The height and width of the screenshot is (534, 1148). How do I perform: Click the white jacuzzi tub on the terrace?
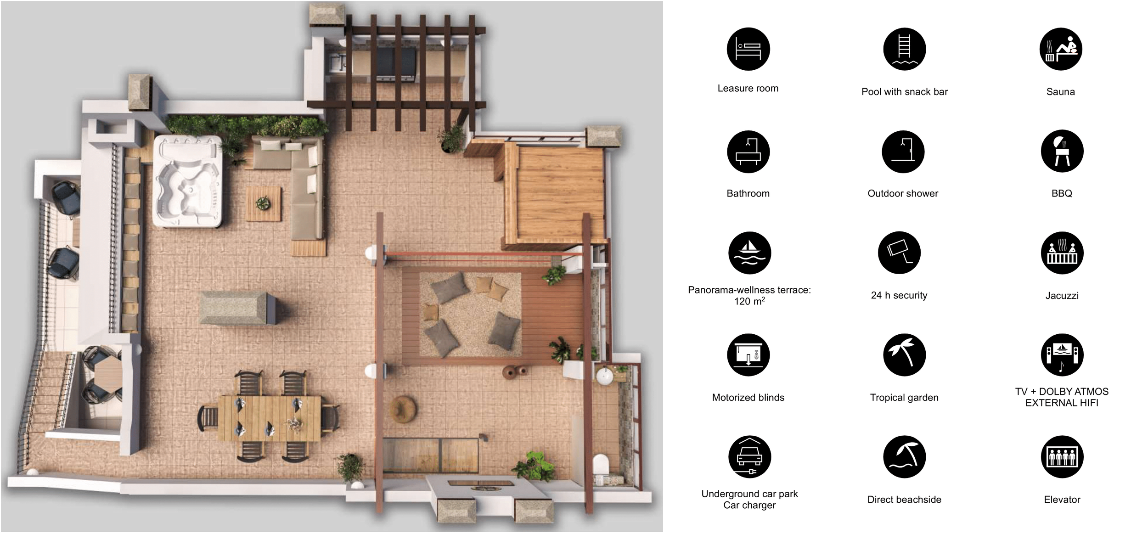point(188,181)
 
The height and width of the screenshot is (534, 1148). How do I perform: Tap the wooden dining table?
point(270,418)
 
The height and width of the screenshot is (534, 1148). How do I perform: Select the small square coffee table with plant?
point(264,204)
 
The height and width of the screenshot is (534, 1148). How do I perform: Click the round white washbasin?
point(605,376)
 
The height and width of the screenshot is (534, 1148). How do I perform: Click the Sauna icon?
point(1061,49)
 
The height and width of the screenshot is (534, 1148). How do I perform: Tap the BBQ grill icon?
point(1062,151)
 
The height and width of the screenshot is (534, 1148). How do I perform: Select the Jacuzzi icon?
point(1062,253)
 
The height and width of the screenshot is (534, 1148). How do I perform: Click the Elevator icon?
point(1062,457)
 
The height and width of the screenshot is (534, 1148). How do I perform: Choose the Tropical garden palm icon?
point(904,355)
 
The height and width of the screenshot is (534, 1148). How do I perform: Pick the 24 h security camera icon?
point(899,253)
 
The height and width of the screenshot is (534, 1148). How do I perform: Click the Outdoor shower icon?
point(903,152)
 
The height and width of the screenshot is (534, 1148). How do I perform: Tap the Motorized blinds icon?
point(748,355)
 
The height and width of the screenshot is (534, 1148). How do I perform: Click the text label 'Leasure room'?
point(748,88)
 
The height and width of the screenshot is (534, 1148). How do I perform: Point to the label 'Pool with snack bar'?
point(905,92)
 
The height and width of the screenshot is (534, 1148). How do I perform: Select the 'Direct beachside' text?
point(904,500)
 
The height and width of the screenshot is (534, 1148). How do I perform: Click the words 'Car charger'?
point(749,505)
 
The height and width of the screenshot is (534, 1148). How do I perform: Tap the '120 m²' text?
point(749,301)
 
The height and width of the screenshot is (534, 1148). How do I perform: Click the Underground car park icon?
point(750,457)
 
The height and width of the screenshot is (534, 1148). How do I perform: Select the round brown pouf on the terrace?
point(403,409)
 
